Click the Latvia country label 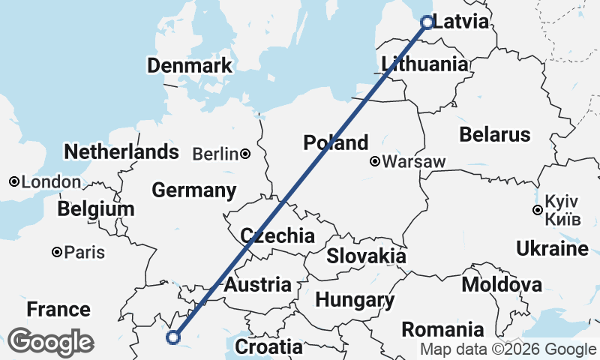pos(460,22)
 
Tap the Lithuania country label pos(424,64)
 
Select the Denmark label pos(190,66)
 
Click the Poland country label pos(336,142)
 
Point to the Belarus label pos(495,135)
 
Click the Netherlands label pos(121,152)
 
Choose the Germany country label pos(194,190)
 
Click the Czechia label pos(277,236)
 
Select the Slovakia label pos(366,256)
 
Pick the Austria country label pos(258,285)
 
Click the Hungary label pos(355,301)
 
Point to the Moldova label pos(502,285)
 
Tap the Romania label pos(442,329)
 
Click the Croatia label pos(268,347)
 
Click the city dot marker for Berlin pos(245,154)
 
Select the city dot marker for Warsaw pos(374,161)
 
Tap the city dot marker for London pos(13,182)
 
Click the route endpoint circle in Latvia pos(427,22)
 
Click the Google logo pos(50,342)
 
